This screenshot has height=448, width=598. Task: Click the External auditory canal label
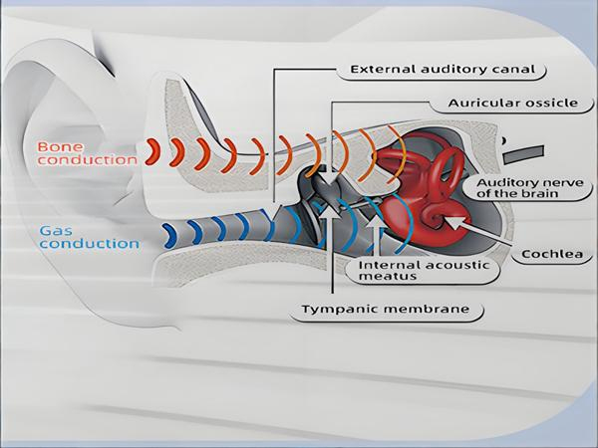tap(443, 70)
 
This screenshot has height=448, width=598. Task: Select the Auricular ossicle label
tap(513, 104)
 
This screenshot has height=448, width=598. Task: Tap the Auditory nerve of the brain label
tap(530, 188)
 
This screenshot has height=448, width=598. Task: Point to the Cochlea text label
tap(552, 254)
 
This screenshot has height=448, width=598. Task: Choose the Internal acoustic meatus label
tap(424, 271)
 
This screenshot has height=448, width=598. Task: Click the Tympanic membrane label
tap(385, 309)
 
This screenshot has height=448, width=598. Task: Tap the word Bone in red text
tap(60, 147)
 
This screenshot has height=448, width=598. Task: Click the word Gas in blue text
tap(56, 231)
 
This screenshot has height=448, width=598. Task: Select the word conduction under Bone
tap(87, 160)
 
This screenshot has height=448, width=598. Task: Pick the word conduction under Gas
tap(90, 244)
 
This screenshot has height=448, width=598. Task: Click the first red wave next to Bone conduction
tap(153, 151)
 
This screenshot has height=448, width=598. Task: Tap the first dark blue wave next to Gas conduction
tap(169, 236)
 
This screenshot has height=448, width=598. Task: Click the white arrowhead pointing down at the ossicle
tap(331, 178)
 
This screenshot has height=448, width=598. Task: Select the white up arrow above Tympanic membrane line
tap(333, 211)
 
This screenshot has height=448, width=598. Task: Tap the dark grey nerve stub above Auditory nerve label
tap(523, 154)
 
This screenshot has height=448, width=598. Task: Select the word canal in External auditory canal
tap(516, 70)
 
